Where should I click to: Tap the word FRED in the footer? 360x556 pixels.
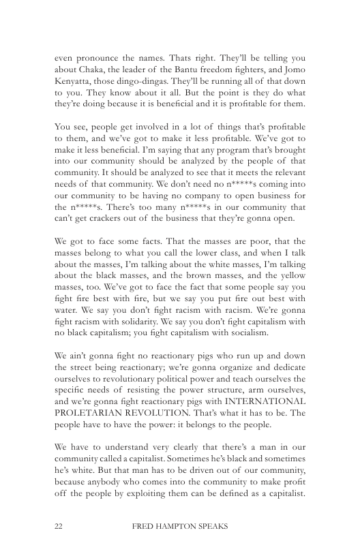[x=142, y=527]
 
